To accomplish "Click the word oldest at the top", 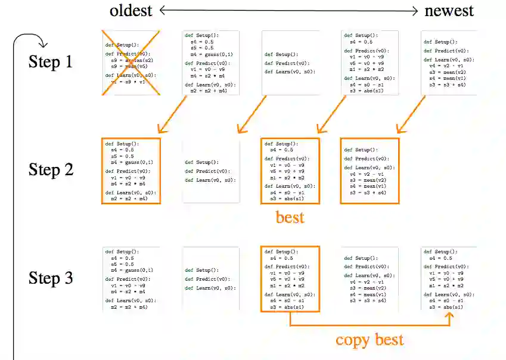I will (x=131, y=10).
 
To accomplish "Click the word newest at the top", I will (x=449, y=10).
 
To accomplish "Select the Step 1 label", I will (x=51, y=62).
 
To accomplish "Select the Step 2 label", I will (x=51, y=170).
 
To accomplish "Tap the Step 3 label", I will (x=51, y=278).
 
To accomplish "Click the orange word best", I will (x=290, y=217).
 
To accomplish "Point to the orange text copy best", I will (x=370, y=340).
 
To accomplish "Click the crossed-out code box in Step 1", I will (x=131, y=63).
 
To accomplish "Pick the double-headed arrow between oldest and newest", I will (x=288, y=10).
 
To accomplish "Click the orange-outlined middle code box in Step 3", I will (x=290, y=278).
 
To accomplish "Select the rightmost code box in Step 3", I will (x=449, y=278).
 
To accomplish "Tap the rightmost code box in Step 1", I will (x=449, y=63).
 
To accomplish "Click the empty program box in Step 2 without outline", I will (x=210, y=171).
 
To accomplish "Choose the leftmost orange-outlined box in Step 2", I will (x=131, y=171).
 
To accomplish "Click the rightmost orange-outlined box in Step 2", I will (x=369, y=171).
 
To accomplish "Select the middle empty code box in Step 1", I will (x=290, y=63).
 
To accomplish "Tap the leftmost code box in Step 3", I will (x=131, y=278).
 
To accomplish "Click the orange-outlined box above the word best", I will (x=290, y=171).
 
